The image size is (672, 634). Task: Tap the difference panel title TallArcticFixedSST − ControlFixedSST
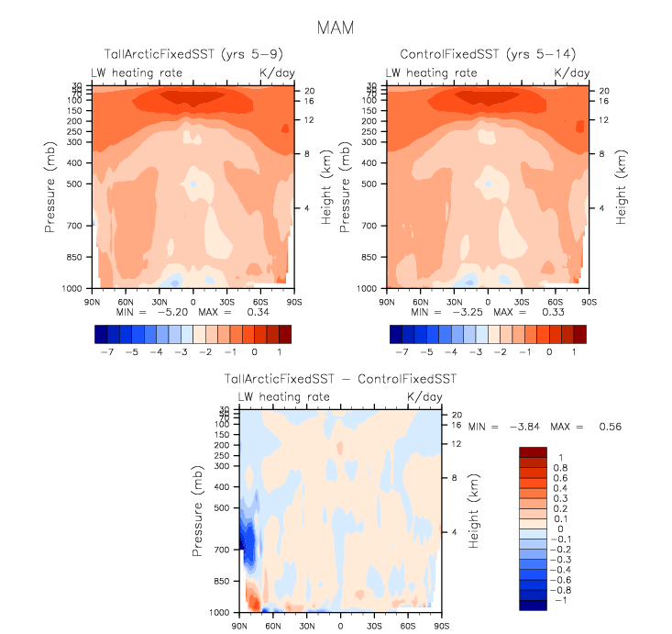pyautogui.click(x=340, y=379)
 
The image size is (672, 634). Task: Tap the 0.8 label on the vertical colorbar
pyautogui.click(x=559, y=467)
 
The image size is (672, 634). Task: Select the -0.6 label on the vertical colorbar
pyautogui.click(x=562, y=579)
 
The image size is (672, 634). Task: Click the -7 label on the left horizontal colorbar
pyautogui.click(x=108, y=351)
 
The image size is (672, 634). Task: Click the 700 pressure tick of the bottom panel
pyautogui.click(x=224, y=550)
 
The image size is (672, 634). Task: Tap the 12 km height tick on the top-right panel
pyautogui.click(x=605, y=120)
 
